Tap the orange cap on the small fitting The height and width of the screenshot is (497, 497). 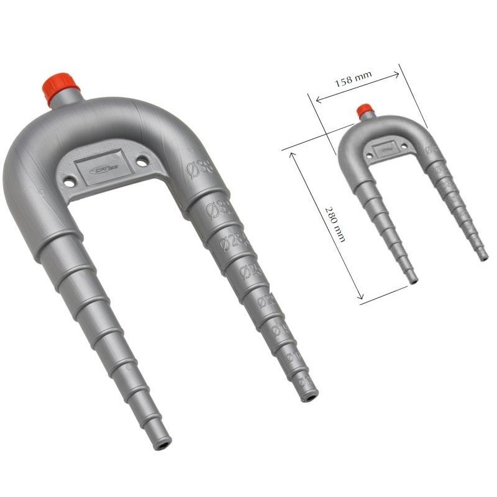pos(364,111)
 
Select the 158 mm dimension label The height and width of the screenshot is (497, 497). pos(353,80)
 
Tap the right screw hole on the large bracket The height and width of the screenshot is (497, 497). pos(142,162)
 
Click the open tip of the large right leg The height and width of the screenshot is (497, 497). pos(310,396)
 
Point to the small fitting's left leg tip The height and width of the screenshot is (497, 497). pos(413,280)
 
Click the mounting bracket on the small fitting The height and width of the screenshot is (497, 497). pos(380,149)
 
